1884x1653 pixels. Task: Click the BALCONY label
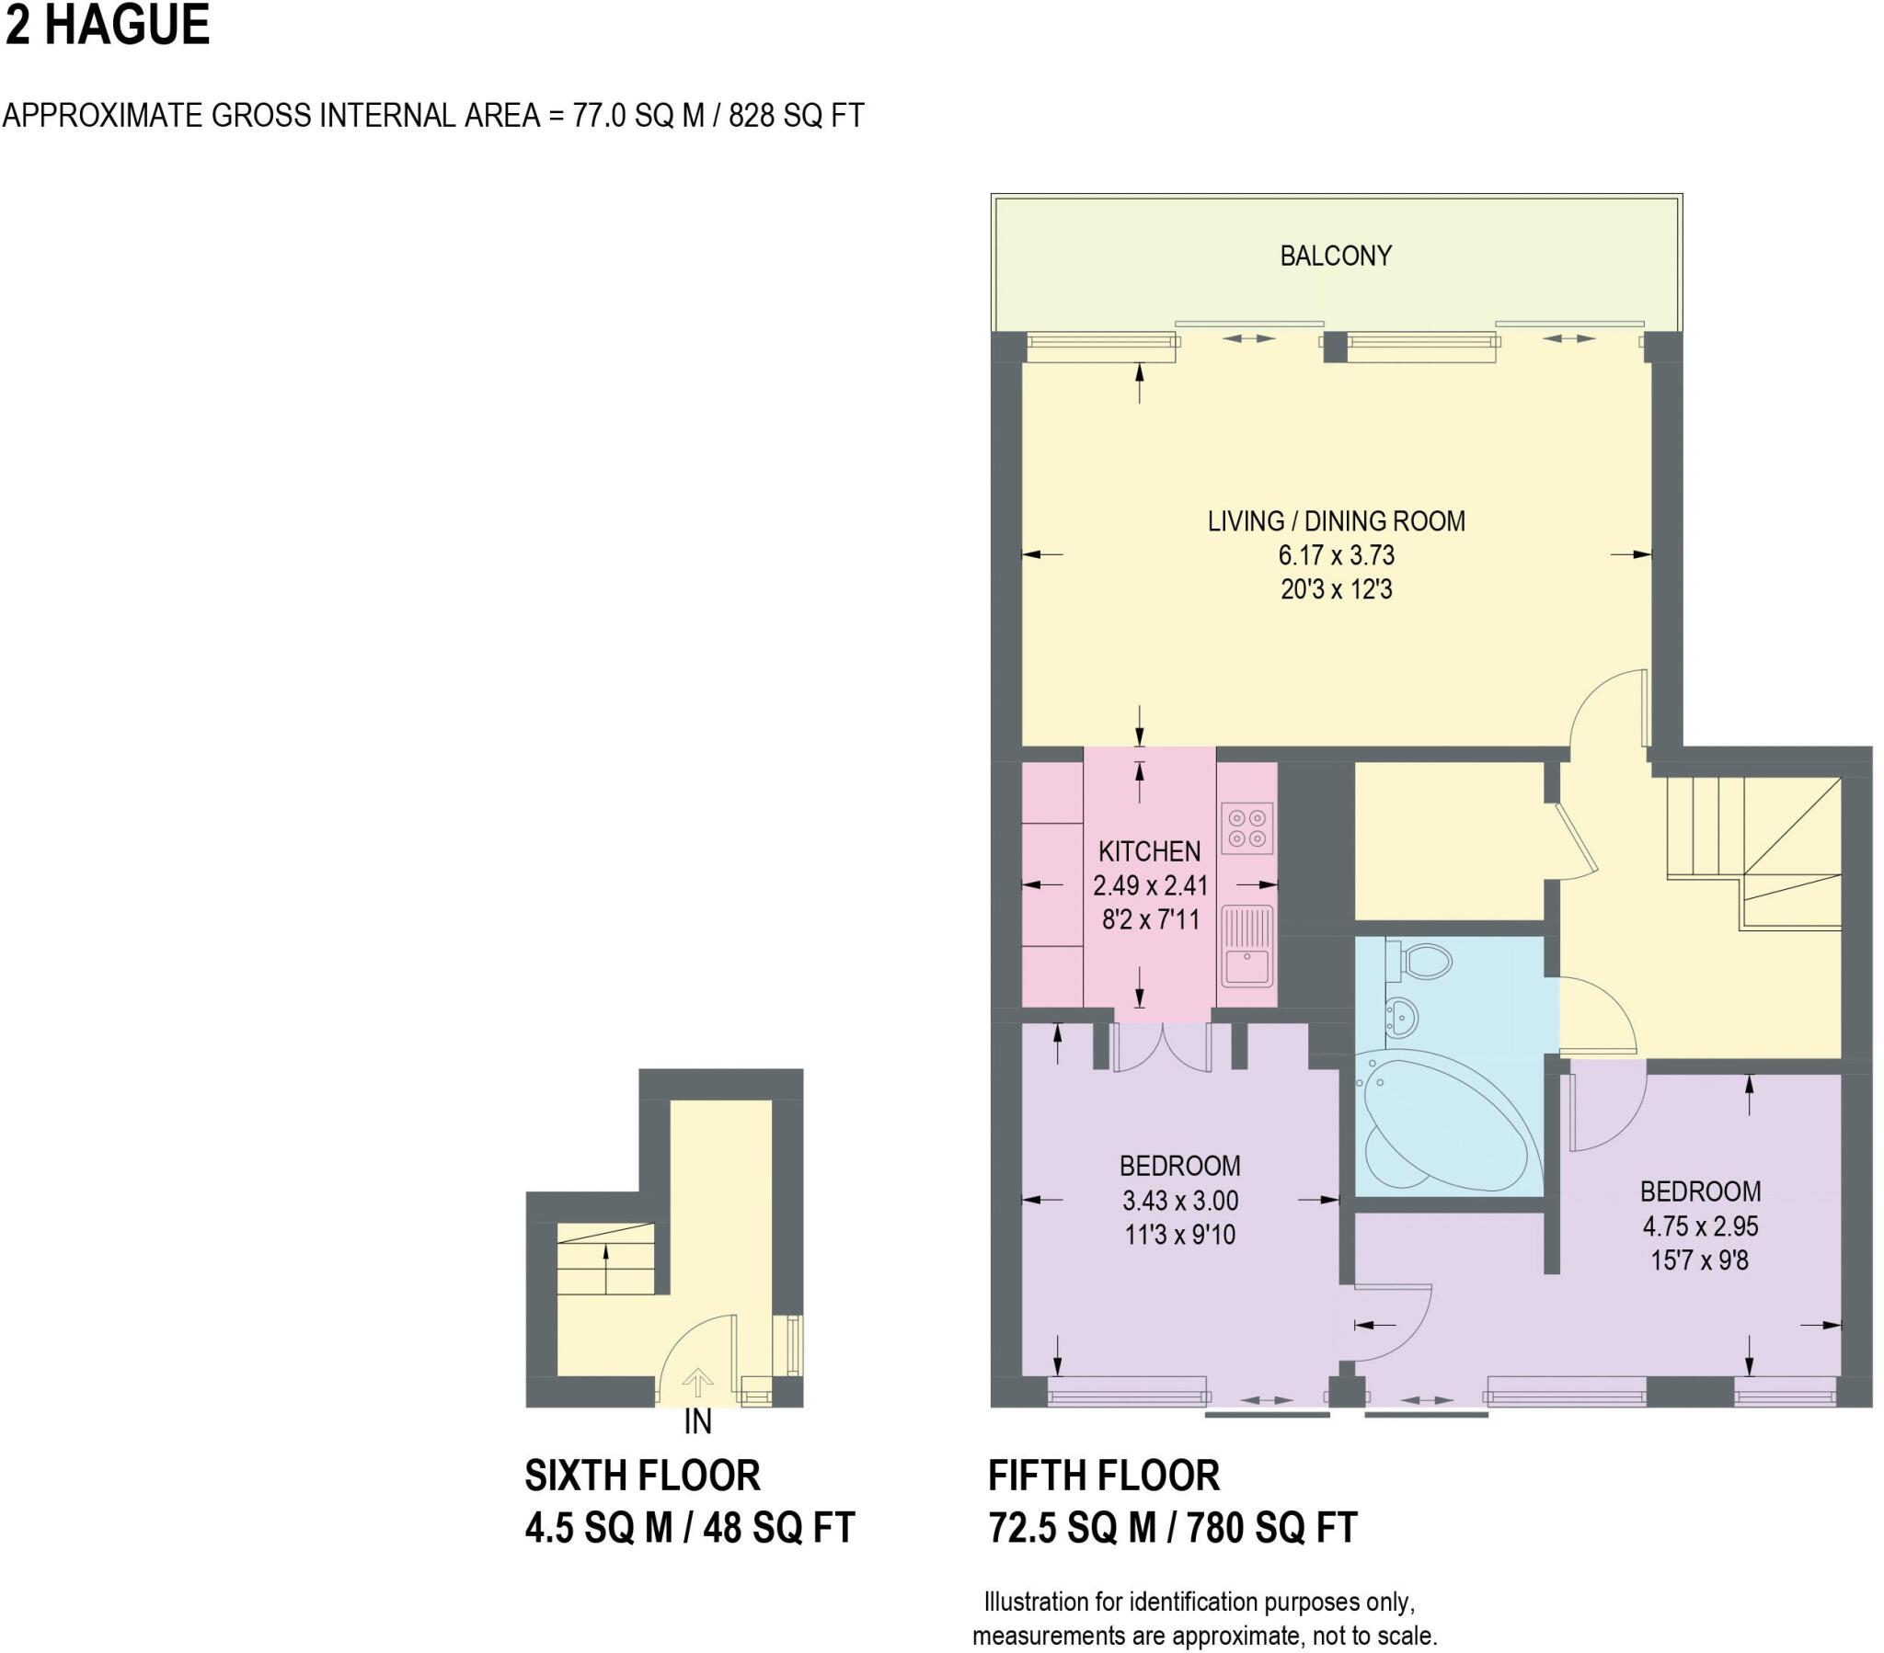(x=1335, y=256)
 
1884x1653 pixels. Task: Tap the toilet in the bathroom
(x=1423, y=962)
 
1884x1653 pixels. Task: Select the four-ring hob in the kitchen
(x=1247, y=827)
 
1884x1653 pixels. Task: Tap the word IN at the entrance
(x=697, y=1421)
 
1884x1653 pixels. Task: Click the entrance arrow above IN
(x=697, y=1382)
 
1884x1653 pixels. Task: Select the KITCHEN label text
(x=1148, y=850)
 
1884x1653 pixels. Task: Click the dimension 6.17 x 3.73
(x=1335, y=554)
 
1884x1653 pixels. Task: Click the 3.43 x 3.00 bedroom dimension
(x=1179, y=1200)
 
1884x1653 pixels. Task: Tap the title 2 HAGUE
(x=107, y=25)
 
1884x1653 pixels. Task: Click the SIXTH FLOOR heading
(x=642, y=1476)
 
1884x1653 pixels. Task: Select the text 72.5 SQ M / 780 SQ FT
(x=1171, y=1528)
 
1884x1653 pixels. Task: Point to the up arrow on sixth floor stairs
(x=604, y=1268)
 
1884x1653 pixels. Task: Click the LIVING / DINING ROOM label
(x=1335, y=520)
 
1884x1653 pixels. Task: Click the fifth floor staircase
(x=1752, y=852)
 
